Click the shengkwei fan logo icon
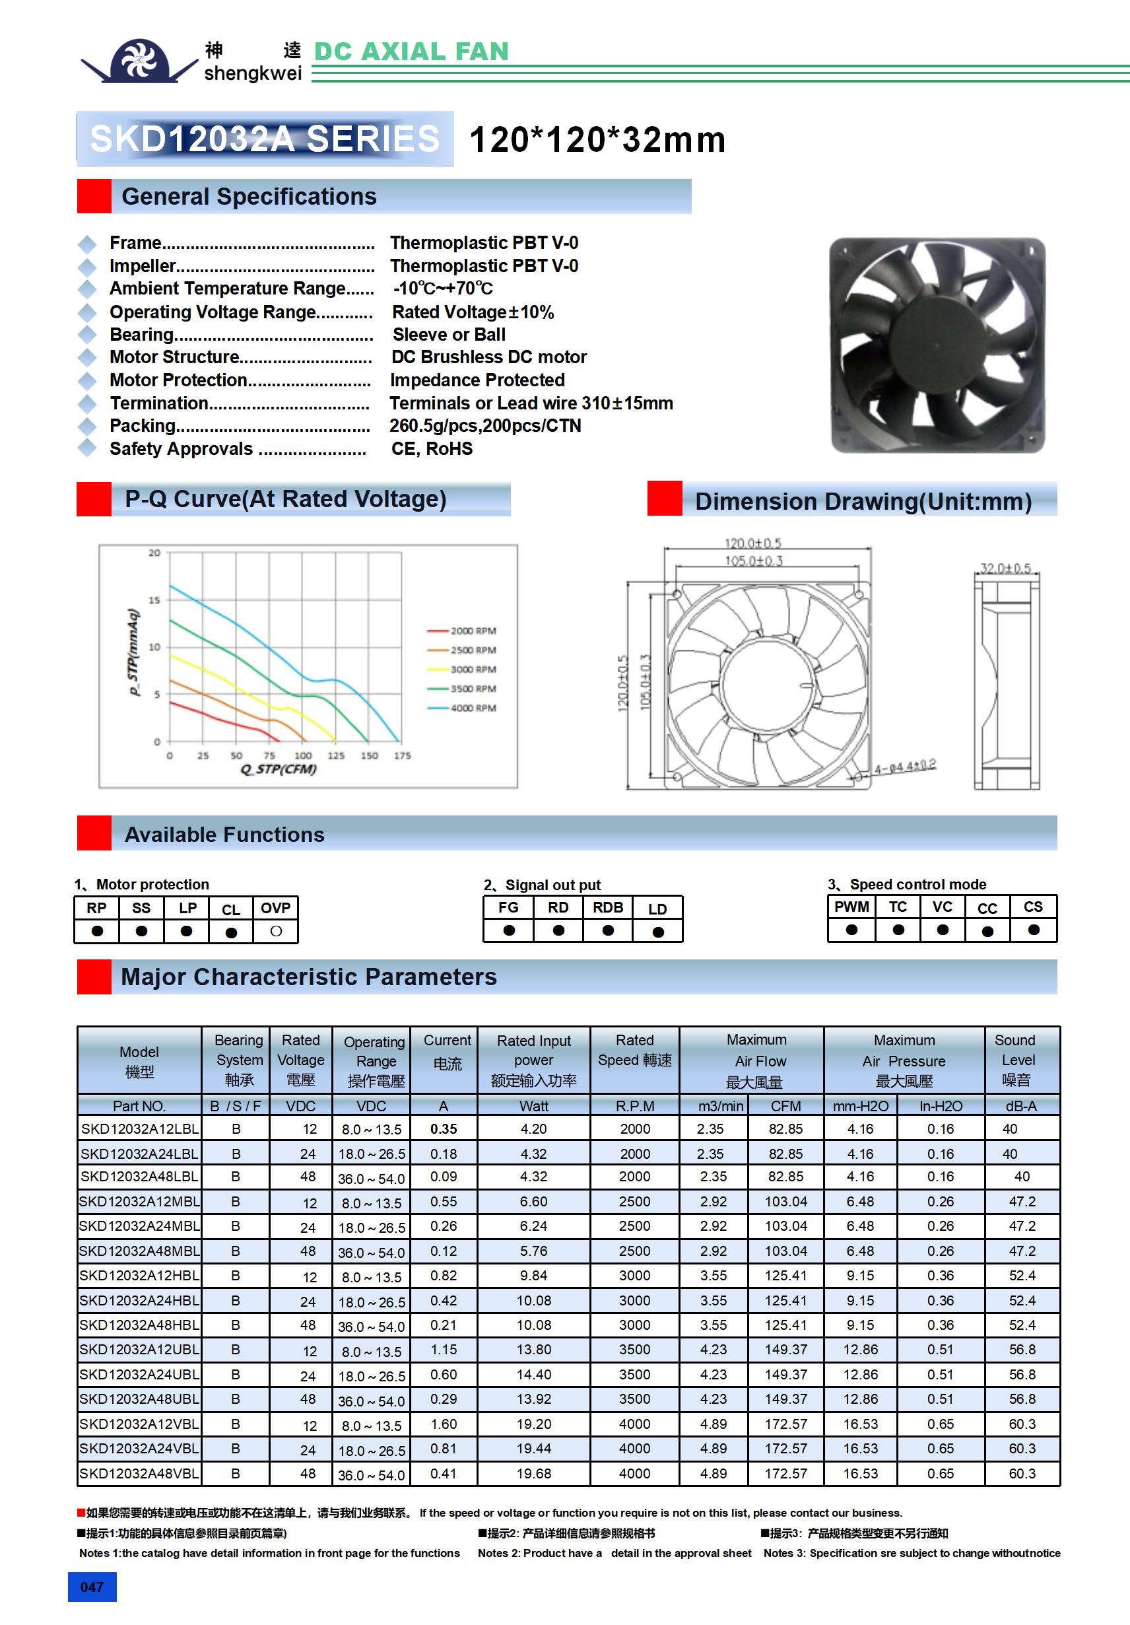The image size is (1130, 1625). click(x=139, y=60)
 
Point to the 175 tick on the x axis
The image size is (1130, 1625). click(x=402, y=756)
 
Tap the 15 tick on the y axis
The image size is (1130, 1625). click(x=154, y=600)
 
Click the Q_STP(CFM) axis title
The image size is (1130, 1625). click(x=278, y=769)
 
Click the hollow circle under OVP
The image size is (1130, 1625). click(x=276, y=932)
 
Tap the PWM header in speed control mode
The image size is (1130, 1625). click(x=851, y=907)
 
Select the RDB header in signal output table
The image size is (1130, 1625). click(x=608, y=907)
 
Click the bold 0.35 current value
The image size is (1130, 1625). click(x=444, y=1129)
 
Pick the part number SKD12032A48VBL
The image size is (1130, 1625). click(x=139, y=1474)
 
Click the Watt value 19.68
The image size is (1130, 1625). click(x=533, y=1474)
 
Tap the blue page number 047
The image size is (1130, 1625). click(x=92, y=1587)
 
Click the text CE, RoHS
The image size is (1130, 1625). click(x=432, y=449)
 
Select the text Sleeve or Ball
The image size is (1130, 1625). click(x=449, y=335)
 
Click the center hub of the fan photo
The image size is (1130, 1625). click(x=937, y=345)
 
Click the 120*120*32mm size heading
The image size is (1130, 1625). click(x=597, y=139)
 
